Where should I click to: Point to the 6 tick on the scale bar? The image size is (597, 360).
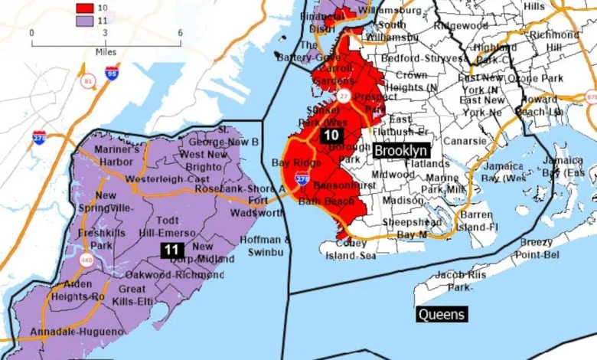(x=180, y=33)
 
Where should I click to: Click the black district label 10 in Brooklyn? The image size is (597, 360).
(x=331, y=136)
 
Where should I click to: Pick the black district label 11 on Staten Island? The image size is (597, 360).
(x=171, y=249)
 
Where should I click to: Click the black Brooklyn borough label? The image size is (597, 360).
(x=400, y=151)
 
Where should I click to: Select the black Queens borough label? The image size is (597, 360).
(x=441, y=314)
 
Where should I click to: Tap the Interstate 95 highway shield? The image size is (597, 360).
(x=112, y=74)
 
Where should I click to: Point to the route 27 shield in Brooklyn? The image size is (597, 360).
(x=344, y=95)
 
